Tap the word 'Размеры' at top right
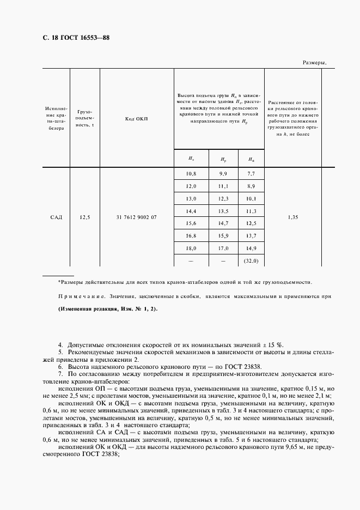(x=314, y=63)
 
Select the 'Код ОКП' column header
(x=136, y=119)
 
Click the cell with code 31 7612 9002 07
(x=136, y=217)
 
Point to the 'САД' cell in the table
(x=56, y=217)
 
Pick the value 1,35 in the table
(x=293, y=217)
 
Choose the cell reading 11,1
(x=223, y=187)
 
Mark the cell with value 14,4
(x=191, y=210)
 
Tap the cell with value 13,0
(x=191, y=198)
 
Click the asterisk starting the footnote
(x=59, y=282)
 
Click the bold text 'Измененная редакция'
(x=84, y=309)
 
